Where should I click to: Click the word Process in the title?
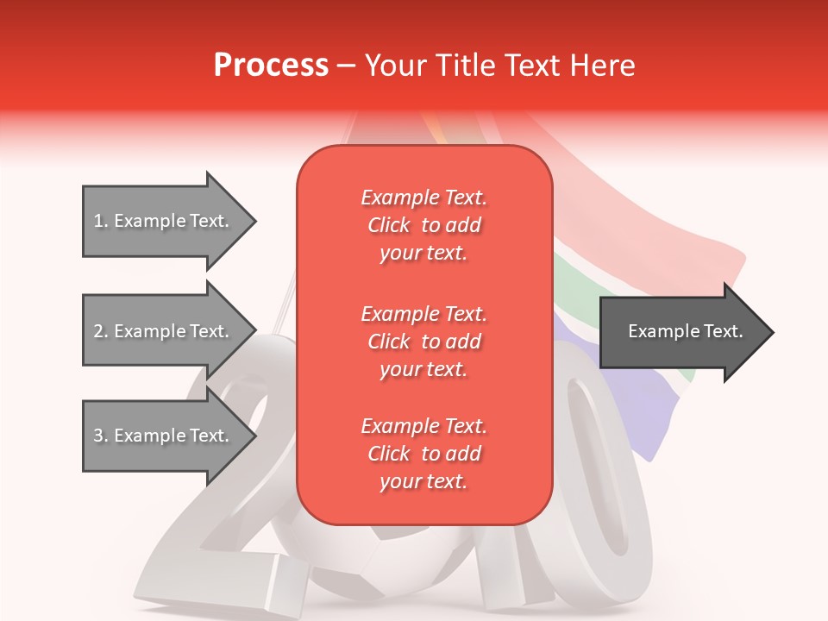click(271, 65)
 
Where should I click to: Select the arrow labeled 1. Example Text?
click(164, 221)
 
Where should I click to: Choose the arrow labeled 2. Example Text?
click(164, 331)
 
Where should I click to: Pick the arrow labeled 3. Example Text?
click(164, 436)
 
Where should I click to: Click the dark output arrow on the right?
click(681, 331)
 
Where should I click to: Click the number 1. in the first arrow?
click(101, 221)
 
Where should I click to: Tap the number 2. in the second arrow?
click(101, 331)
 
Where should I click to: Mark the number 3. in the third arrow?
click(101, 436)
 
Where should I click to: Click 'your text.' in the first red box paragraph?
click(423, 254)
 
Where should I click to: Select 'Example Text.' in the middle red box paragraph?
click(423, 313)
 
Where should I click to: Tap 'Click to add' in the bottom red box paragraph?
click(423, 454)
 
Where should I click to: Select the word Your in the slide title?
click(395, 65)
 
